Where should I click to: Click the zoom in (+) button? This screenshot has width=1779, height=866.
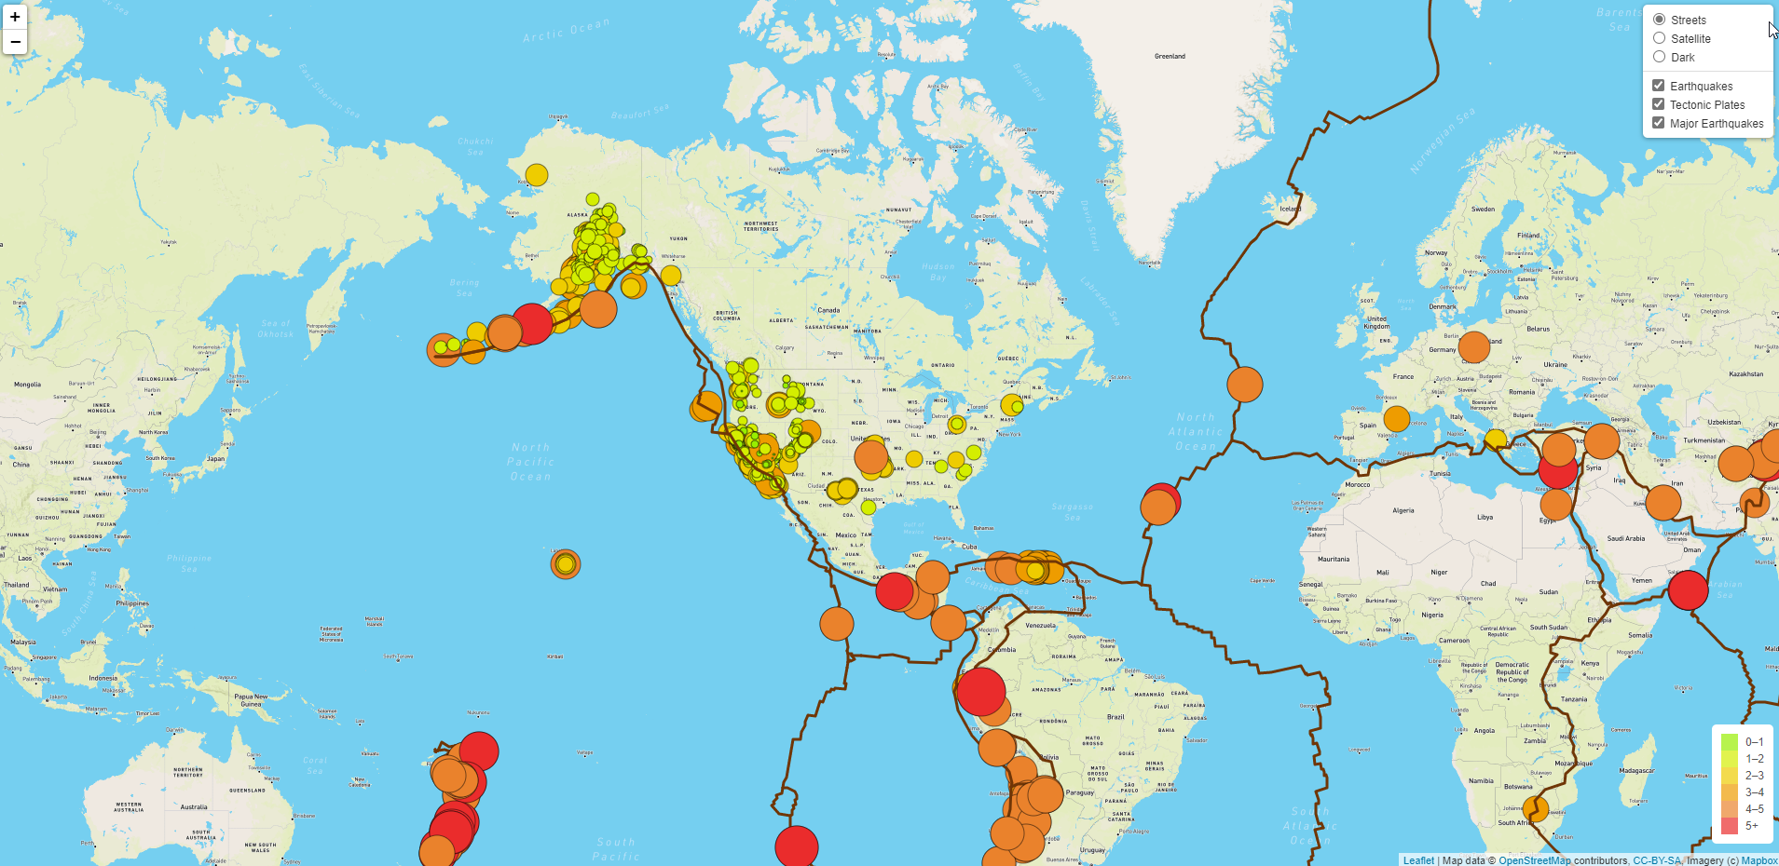tap(15, 17)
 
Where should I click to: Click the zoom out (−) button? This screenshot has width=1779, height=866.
tap(15, 42)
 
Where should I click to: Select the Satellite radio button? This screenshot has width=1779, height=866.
tap(1659, 38)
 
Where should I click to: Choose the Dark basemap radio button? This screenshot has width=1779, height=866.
tap(1659, 57)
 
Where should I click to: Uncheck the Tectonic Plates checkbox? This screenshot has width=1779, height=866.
tap(1659, 104)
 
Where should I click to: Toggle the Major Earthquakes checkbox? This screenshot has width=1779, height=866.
tap(1659, 123)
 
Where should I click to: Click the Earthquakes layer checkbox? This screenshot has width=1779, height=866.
tap(1659, 86)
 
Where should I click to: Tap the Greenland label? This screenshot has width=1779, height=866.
tap(1170, 56)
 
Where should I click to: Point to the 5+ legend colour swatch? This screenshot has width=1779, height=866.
tap(1730, 825)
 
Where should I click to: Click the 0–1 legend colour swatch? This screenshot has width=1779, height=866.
tap(1730, 741)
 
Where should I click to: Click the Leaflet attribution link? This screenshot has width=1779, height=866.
tap(1418, 860)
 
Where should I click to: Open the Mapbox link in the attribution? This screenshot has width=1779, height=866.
tap(1759, 860)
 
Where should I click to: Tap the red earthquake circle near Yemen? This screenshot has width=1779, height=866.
tap(1688, 589)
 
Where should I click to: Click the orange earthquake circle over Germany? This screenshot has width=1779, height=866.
tap(1473, 346)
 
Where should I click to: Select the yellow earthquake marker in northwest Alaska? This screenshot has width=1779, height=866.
tap(536, 174)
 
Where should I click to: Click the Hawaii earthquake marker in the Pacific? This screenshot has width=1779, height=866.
tap(565, 563)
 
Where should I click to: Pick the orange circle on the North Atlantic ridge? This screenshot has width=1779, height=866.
tap(1244, 384)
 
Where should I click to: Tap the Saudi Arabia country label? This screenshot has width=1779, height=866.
tap(1626, 538)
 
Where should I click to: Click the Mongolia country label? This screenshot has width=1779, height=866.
tap(27, 384)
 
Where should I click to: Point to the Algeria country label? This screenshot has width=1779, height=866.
tap(1403, 510)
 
